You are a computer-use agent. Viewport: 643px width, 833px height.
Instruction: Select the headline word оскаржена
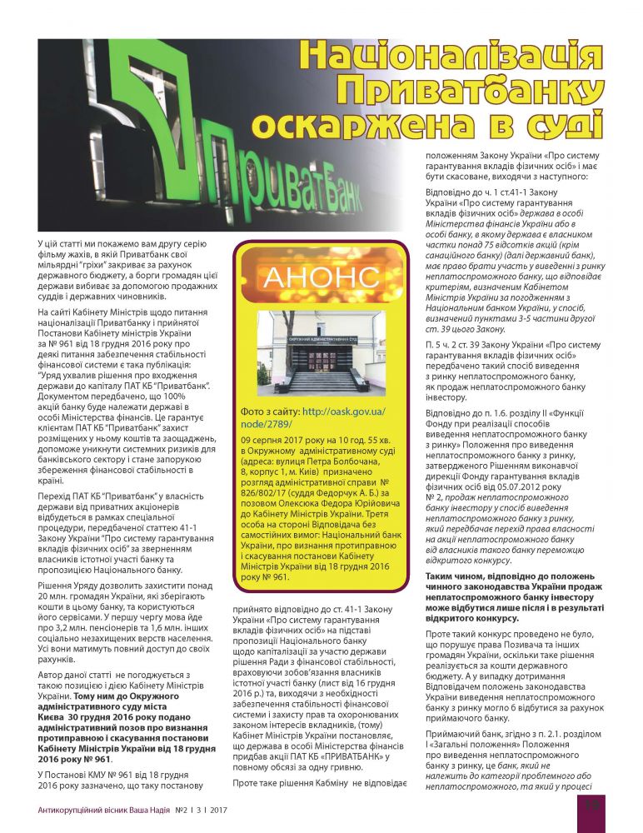380,125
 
